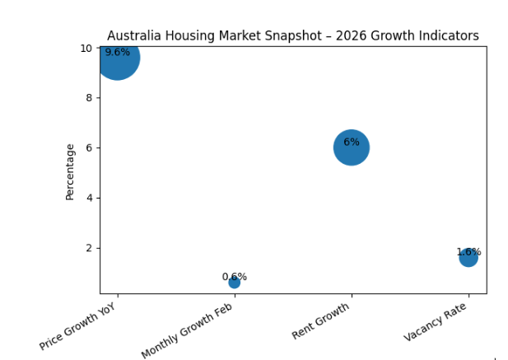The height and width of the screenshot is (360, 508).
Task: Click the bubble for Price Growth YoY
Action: pos(117,58)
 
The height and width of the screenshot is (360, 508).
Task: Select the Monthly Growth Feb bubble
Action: pos(234,283)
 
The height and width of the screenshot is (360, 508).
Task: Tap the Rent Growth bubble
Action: pos(351,148)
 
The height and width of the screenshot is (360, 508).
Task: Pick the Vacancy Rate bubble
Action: pos(468,258)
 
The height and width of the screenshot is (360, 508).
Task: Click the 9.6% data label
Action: pos(117,52)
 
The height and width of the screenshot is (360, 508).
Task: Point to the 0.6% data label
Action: pos(234,277)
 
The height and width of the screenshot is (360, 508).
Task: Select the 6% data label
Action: pos(351,142)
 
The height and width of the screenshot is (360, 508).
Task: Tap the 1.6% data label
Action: pos(468,252)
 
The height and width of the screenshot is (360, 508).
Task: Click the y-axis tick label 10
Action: pos(86,48)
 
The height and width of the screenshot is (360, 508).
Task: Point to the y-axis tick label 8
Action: pos(90,98)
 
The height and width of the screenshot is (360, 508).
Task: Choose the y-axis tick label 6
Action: pos(90,148)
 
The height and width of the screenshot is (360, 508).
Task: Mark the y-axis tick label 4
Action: pos(90,198)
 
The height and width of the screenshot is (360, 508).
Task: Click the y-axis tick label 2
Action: pos(90,248)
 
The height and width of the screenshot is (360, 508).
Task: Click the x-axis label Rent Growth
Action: pos(321,321)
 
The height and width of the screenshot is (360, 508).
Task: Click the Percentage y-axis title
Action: pos(71,171)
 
